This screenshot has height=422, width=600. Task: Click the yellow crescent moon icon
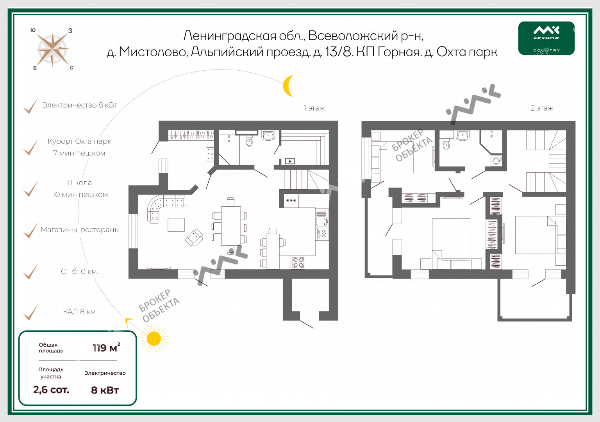(x=287, y=86)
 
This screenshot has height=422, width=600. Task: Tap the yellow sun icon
(x=154, y=339)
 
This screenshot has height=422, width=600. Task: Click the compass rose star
(x=52, y=49)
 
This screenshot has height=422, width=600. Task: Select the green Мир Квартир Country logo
(x=546, y=38)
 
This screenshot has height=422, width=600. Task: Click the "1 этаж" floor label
(x=314, y=108)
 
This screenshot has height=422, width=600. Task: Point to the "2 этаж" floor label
(x=542, y=108)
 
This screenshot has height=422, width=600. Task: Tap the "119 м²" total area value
(x=106, y=347)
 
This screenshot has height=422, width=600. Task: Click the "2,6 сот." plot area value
(x=51, y=390)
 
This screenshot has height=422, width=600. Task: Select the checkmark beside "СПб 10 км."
(x=31, y=272)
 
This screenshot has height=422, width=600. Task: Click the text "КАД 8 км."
(x=80, y=311)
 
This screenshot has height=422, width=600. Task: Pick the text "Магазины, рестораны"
(x=80, y=230)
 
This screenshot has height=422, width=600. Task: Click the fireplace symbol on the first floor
(x=290, y=161)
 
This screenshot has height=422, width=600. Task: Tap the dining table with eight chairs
(x=230, y=225)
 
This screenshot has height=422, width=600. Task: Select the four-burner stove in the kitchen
(x=298, y=262)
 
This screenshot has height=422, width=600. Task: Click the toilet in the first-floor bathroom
(x=249, y=140)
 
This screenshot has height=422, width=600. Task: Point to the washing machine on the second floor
(x=496, y=161)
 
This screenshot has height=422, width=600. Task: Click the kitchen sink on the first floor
(x=321, y=221)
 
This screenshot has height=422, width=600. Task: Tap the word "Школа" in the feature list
(x=80, y=183)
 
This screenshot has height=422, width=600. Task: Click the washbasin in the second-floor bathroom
(x=462, y=135)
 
